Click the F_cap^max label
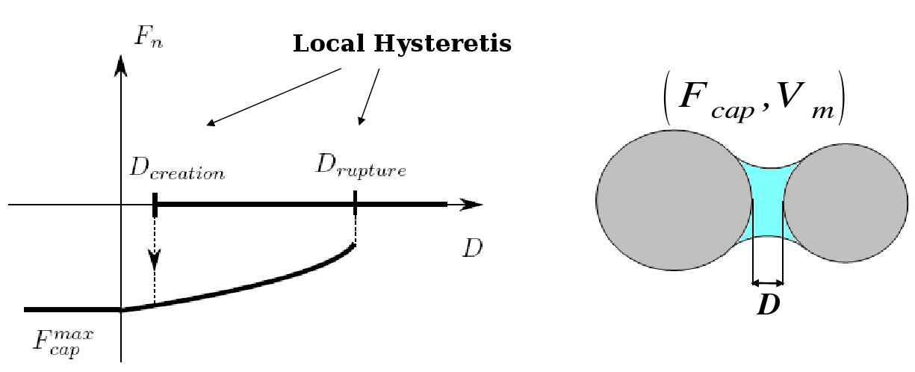pyautogui.click(x=63, y=339)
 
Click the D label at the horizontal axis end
pyautogui.click(x=472, y=248)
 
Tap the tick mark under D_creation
pyautogui.click(x=155, y=204)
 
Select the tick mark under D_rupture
pyautogui.click(x=355, y=202)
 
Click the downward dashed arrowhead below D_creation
pyautogui.click(x=155, y=259)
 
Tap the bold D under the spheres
pyautogui.click(x=769, y=306)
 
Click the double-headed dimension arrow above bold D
pyautogui.click(x=768, y=283)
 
